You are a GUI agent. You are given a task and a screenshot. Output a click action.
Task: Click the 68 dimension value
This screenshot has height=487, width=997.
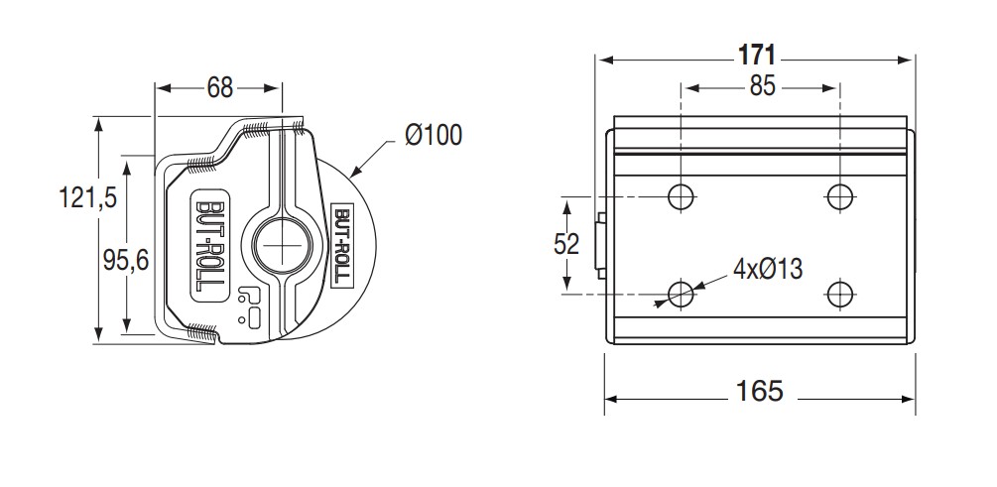[220, 87]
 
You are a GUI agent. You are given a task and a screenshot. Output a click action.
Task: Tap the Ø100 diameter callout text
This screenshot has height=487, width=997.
[434, 135]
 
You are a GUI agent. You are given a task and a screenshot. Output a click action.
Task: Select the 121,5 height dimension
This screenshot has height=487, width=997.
[88, 197]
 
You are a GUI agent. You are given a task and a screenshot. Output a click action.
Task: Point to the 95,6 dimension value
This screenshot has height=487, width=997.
[126, 260]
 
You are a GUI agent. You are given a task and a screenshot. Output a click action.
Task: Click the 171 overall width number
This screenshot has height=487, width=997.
[757, 56]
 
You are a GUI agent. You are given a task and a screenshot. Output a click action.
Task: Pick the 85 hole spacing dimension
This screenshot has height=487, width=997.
[762, 86]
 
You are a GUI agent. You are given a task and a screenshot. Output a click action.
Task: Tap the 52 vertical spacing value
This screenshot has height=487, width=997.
[566, 244]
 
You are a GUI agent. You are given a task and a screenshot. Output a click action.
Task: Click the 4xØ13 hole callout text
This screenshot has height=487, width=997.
[768, 270]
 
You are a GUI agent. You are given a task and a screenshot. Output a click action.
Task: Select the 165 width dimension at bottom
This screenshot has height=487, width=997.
[759, 391]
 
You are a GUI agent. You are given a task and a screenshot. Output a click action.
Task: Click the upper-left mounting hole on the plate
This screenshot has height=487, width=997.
[681, 196]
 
